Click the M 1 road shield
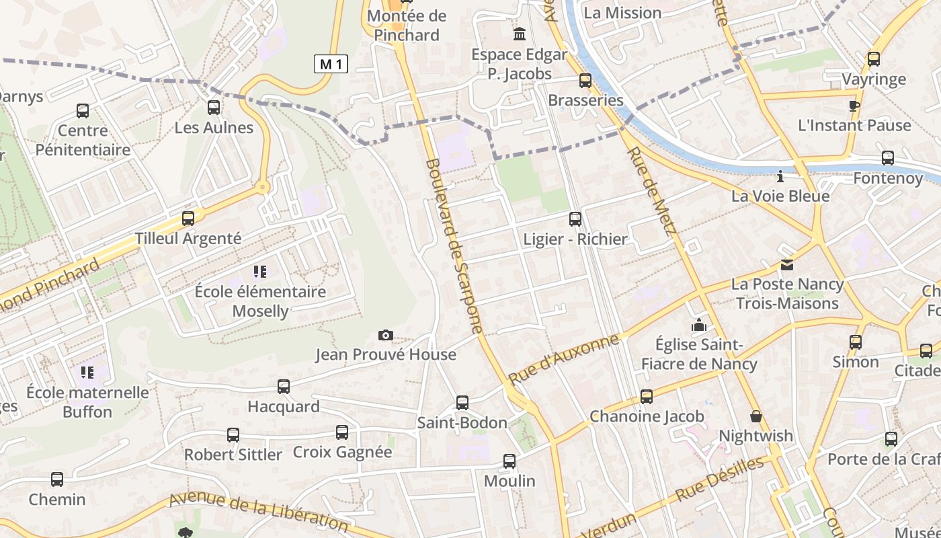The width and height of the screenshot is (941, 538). tap(331, 64)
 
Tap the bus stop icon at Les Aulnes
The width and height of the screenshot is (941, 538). tap(214, 107)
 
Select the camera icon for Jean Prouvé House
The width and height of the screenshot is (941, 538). tap(385, 335)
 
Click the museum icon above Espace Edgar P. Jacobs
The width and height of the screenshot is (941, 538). tap(520, 34)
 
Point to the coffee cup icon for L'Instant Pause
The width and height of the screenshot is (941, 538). tap(854, 106)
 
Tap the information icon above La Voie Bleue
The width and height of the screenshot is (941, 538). tap(780, 177)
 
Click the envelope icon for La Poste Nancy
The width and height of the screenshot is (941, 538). tap(786, 265)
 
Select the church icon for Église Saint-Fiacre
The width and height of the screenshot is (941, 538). tap(699, 325)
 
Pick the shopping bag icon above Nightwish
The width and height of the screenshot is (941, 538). tap(756, 416)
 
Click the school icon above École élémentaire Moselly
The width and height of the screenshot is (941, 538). tap(260, 272)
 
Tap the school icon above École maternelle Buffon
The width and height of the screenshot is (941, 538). tap(87, 372)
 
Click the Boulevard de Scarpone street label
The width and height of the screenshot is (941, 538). tap(454, 245)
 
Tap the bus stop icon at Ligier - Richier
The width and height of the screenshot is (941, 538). tap(575, 219)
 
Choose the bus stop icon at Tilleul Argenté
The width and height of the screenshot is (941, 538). tap(188, 219)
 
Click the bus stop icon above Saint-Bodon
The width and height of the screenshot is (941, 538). tap(462, 403)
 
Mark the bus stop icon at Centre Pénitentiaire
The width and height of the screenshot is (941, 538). tap(83, 111)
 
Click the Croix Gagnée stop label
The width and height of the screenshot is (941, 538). tap(342, 452)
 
